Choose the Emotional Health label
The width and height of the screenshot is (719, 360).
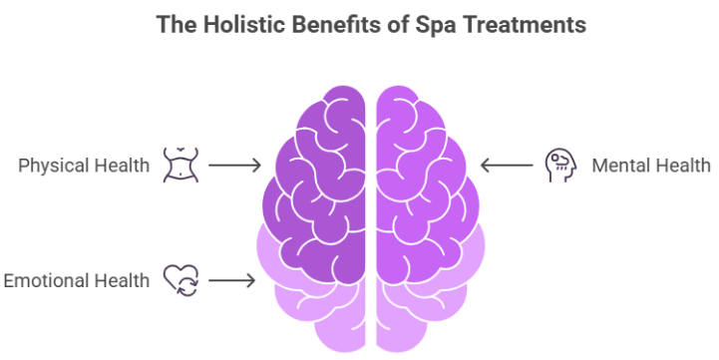(x=76, y=280)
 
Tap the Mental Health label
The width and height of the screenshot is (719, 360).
(x=651, y=165)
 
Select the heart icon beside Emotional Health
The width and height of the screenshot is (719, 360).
(x=180, y=280)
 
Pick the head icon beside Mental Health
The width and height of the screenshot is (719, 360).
(x=557, y=165)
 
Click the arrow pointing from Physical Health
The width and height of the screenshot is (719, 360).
(x=235, y=165)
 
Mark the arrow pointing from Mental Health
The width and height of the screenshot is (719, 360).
(x=506, y=165)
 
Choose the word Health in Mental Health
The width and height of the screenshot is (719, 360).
(x=683, y=165)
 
